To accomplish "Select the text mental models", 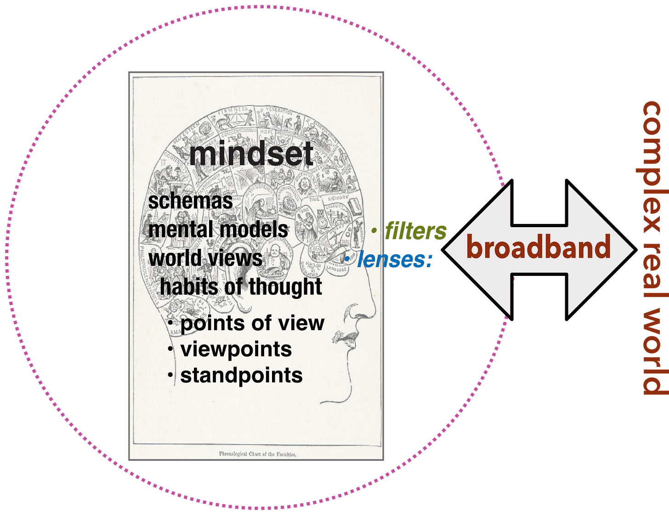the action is [219, 229].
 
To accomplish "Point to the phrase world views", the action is [206, 257].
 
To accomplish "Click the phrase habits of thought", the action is [241, 287].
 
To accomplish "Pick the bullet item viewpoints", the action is [236, 349].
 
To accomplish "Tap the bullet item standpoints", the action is [242, 375].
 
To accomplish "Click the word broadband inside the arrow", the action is [538, 247].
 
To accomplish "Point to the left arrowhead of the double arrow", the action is [464, 250].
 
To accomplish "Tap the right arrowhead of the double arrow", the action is [613, 250].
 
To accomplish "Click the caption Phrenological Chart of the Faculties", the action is [257, 453].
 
